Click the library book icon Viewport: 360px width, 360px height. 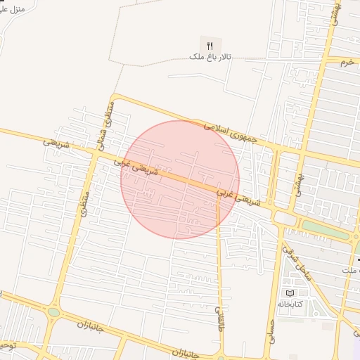point(289,293)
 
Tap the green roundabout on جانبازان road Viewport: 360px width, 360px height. point(54,312)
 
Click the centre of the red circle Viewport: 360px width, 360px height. point(180,179)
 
